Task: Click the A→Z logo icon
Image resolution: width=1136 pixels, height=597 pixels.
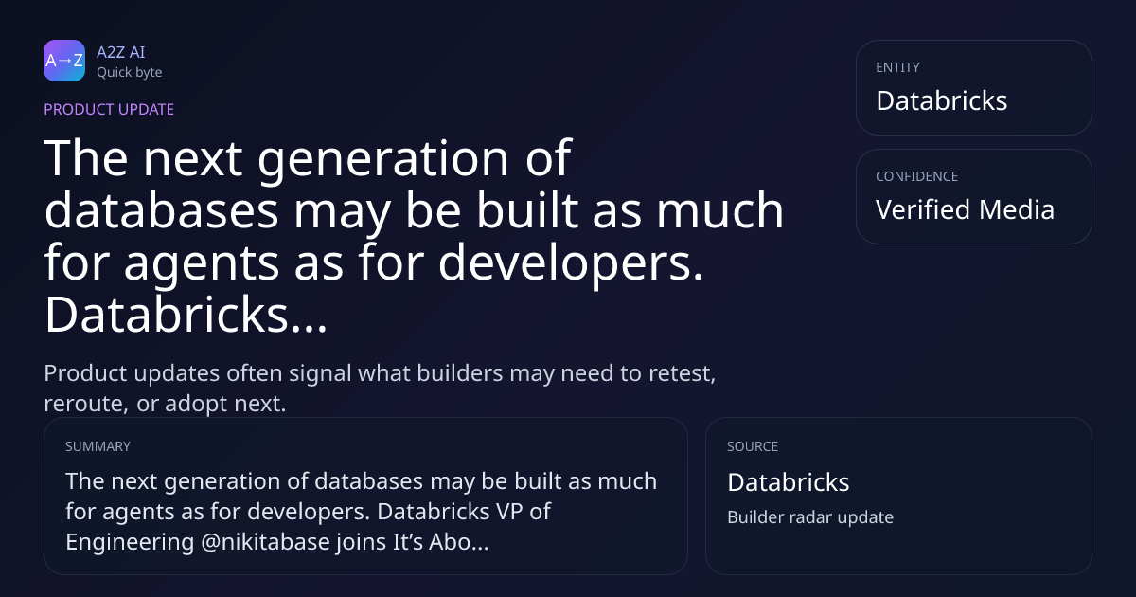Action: coord(64,61)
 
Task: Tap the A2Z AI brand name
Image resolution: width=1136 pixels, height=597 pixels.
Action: coord(121,52)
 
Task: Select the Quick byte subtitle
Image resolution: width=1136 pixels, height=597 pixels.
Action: coord(130,73)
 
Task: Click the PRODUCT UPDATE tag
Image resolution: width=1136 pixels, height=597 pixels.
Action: coord(109,109)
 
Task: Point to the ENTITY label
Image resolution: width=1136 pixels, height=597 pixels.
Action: coord(897,67)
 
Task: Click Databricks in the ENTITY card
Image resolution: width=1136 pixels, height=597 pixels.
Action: coord(942,100)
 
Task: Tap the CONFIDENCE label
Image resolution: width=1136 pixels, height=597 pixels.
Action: coord(917,176)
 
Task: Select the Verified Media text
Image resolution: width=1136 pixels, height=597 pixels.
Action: coord(965,209)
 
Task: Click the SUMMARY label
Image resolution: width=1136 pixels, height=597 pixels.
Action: coord(98,446)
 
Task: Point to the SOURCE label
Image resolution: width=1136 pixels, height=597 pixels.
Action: coord(753,446)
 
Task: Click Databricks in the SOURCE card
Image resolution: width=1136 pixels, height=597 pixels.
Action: coord(788,482)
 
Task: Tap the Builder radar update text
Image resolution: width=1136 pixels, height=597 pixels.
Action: coord(810,517)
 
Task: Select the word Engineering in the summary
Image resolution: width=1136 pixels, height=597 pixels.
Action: coord(130,542)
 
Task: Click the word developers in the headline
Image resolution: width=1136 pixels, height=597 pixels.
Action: coord(564,263)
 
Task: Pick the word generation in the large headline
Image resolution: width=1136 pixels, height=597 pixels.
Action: coord(382,159)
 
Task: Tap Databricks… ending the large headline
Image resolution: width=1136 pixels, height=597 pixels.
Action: coord(186,315)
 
